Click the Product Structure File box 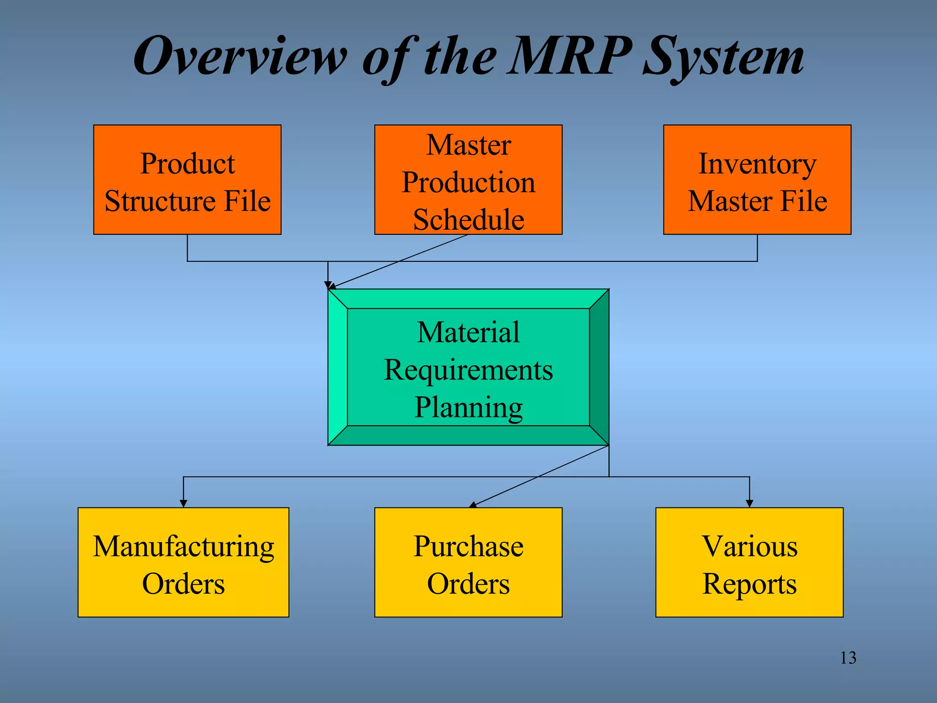coord(187,180)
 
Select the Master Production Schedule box coord(468,180)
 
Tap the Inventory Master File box coord(757,180)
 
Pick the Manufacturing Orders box coord(183,562)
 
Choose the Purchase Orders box coord(468,562)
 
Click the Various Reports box coord(749,562)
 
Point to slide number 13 coord(848,658)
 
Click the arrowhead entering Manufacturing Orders coord(183,503)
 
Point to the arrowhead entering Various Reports coord(749,503)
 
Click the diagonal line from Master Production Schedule coord(398,262)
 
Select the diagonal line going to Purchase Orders coord(540,476)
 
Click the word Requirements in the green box coord(468,370)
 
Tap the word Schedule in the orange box coord(468,220)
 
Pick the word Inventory coord(757,164)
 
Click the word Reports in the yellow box coord(749,584)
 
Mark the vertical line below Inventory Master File coord(757,248)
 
